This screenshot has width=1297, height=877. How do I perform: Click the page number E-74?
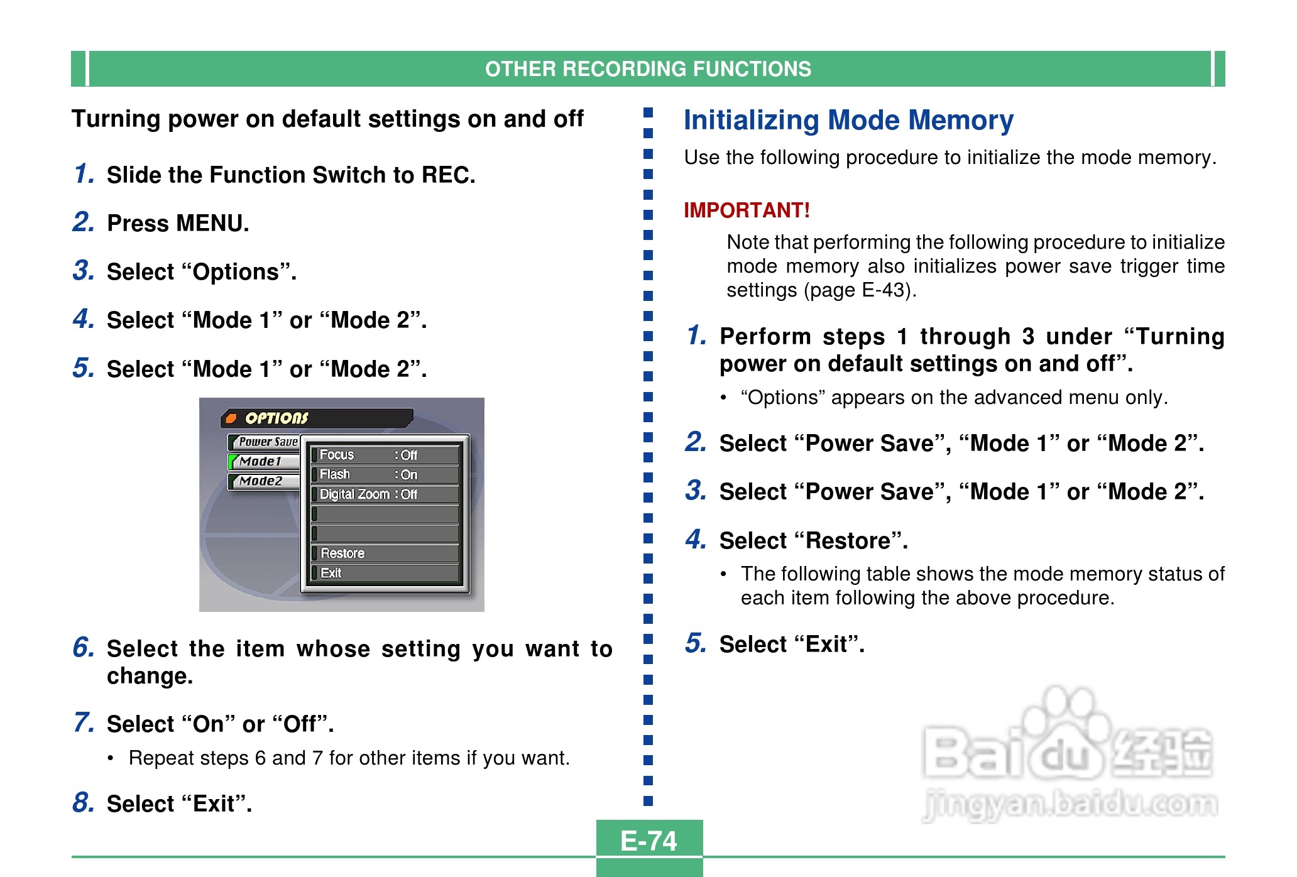click(x=648, y=841)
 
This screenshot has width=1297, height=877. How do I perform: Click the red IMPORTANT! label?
click(x=747, y=210)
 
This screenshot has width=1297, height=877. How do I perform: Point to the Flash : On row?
click(x=385, y=474)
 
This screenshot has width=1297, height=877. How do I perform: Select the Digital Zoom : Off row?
click(x=385, y=494)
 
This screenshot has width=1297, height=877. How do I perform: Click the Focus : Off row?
click(x=385, y=455)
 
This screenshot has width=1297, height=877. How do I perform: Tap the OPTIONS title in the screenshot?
click(x=276, y=418)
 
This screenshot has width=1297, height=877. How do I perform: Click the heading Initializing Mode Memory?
click(x=848, y=120)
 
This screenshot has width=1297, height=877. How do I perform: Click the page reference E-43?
click(x=885, y=290)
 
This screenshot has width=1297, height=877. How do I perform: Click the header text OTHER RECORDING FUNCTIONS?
click(x=648, y=69)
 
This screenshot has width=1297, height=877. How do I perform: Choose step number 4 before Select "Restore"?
click(x=696, y=539)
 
